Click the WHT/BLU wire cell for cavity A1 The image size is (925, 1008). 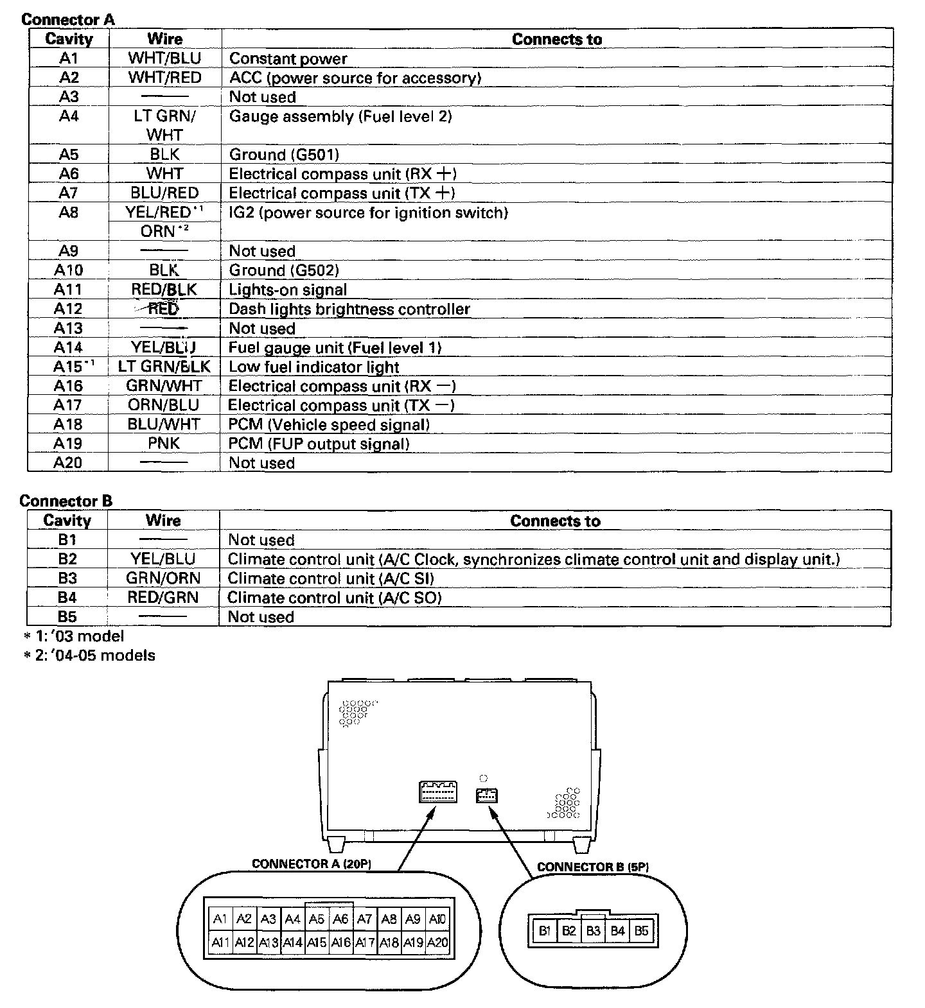point(164,58)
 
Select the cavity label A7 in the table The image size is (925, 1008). point(68,193)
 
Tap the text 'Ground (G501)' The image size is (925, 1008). point(284,155)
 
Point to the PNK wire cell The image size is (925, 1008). point(164,444)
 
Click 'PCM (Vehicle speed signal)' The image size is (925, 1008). point(329,424)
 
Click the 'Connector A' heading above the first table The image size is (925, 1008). point(68,19)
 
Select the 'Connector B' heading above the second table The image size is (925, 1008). point(66,501)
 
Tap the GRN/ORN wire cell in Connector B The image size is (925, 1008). point(163,578)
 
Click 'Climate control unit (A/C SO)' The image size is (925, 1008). point(335,598)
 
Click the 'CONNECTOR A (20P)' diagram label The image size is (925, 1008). point(312,864)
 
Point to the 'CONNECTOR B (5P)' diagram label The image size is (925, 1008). point(592,867)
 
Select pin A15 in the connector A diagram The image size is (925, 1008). point(317,943)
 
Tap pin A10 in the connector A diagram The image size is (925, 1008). point(437,919)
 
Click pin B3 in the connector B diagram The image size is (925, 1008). point(593,930)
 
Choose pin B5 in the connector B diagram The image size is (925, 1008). point(641,930)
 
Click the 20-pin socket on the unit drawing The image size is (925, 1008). point(437,792)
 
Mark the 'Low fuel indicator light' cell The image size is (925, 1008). point(314,367)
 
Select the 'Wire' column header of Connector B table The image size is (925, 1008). point(163,520)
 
